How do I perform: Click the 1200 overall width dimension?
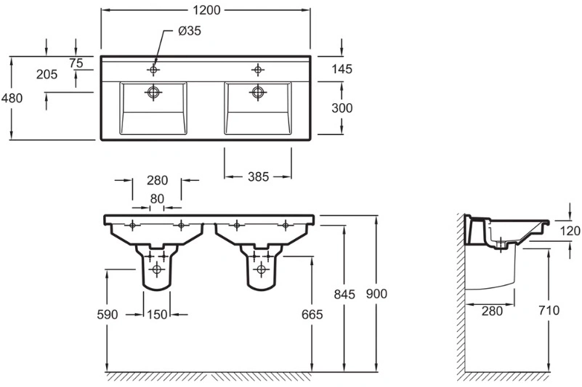coord(206,10)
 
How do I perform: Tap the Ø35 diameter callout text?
coord(190,30)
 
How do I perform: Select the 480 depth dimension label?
coord(12,98)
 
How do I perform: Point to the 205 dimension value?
coord(47,75)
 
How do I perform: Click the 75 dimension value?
coord(76,63)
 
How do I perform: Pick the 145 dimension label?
coord(341,69)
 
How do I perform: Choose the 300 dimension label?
coord(341,108)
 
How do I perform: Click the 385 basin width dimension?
coord(258,177)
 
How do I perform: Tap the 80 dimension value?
coord(157,199)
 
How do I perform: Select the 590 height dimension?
coord(108,314)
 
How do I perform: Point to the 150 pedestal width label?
coord(157,314)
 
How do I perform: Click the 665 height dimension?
coord(312,314)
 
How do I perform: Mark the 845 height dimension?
coord(344,294)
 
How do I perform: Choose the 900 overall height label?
coord(376,294)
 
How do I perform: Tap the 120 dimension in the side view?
coord(570,231)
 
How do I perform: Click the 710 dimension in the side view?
coord(549,310)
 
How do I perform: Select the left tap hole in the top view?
coord(153,70)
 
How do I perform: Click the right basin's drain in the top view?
coord(258,91)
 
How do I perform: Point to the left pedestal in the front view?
coord(157,266)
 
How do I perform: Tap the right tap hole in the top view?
coord(258,70)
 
